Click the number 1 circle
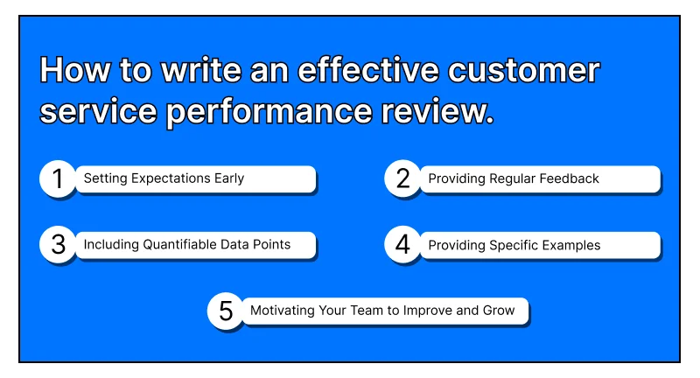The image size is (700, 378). click(x=58, y=179)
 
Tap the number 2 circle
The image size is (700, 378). click(x=402, y=179)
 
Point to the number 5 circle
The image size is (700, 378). click(x=226, y=311)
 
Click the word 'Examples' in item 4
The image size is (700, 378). click(x=570, y=245)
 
